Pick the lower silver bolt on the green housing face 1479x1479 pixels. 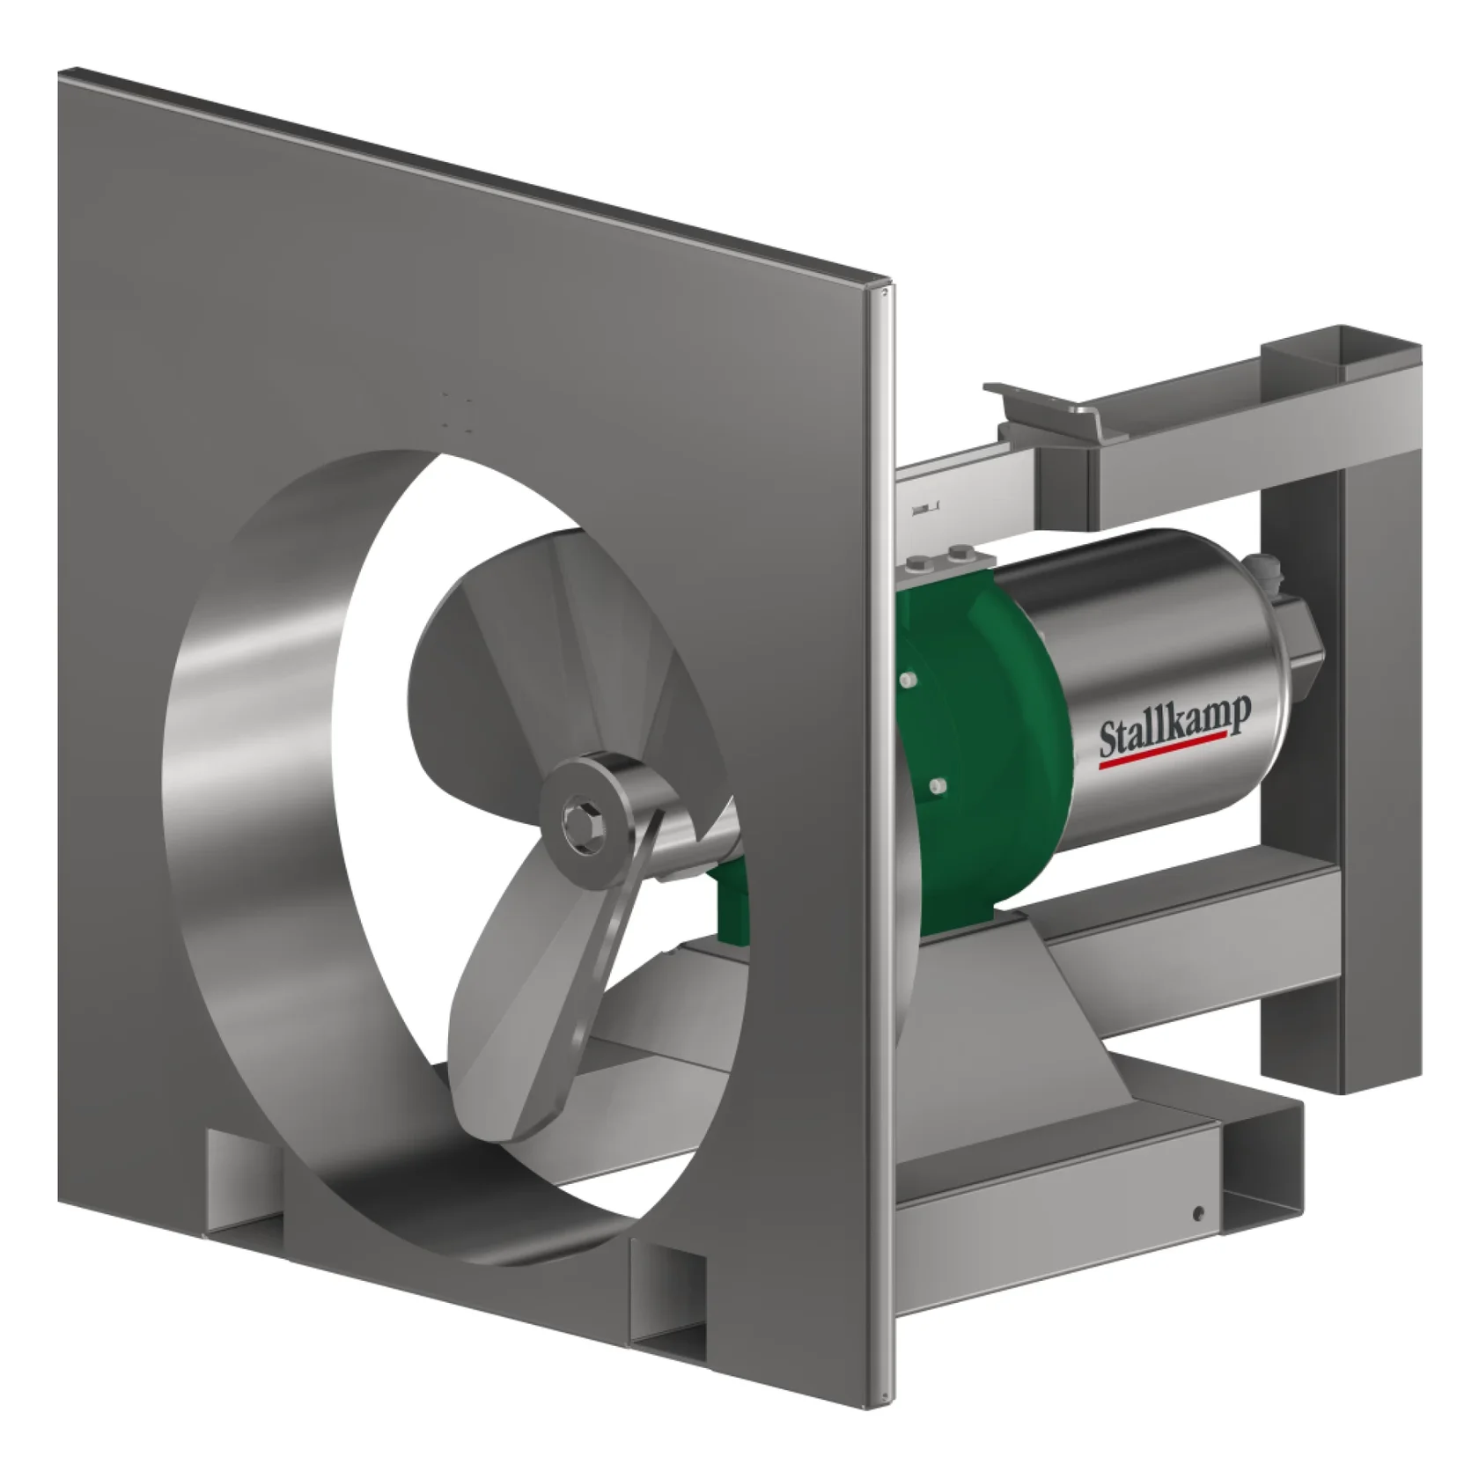[x=936, y=785]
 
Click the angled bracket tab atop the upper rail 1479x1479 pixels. [x=1039, y=414]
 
